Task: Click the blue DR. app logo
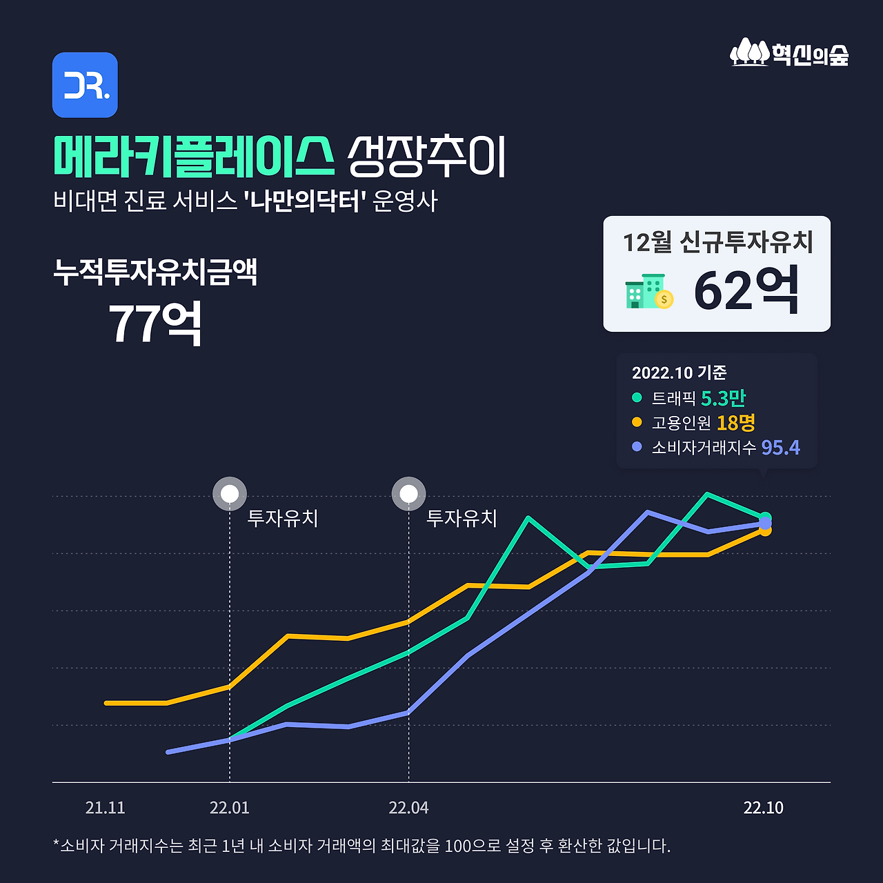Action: click(x=85, y=85)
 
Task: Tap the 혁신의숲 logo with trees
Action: click(x=789, y=52)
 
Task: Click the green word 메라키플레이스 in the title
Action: click(x=194, y=157)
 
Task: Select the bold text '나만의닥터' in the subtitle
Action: click(x=304, y=201)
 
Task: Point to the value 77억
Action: click(x=155, y=323)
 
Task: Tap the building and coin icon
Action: click(x=648, y=292)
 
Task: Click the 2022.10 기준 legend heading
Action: click(x=679, y=373)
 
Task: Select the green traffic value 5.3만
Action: click(x=723, y=398)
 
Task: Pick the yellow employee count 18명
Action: click(x=735, y=422)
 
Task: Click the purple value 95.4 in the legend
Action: click(x=780, y=448)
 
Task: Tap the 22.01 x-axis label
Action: click(x=230, y=808)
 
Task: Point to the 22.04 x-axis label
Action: click(x=408, y=808)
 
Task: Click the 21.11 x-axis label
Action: click(x=106, y=808)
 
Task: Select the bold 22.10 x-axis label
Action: click(x=763, y=808)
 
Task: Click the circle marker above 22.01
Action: click(x=230, y=494)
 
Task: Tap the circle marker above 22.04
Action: click(x=408, y=494)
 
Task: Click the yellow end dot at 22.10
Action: click(x=765, y=530)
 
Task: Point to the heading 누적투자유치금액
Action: click(x=155, y=272)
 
